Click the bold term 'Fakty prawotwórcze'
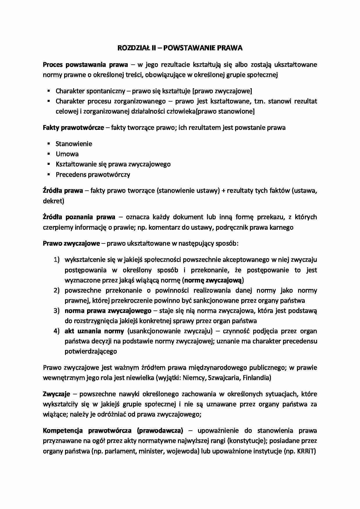73,128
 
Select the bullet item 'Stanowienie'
74,144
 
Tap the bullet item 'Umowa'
67,154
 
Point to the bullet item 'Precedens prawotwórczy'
93,175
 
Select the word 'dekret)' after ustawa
53,201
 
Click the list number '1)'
56,260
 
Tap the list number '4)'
56,331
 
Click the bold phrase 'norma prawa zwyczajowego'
108,311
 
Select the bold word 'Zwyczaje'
56,394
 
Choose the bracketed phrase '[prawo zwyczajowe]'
222,91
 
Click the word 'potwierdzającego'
91,351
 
